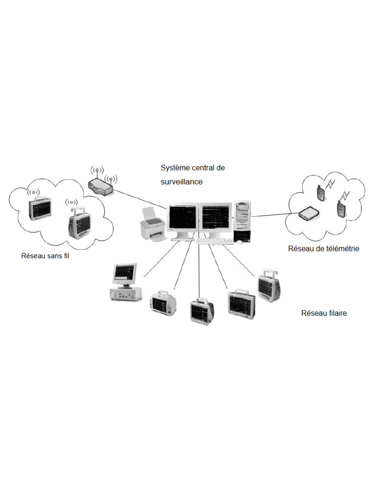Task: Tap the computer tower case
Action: coord(242,221)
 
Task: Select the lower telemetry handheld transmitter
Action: coord(341,208)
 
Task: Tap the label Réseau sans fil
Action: coord(45,255)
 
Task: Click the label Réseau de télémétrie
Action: coord(324,248)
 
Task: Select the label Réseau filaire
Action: coord(324,313)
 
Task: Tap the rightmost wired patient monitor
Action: coord(269,286)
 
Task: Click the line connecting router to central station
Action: coord(139,197)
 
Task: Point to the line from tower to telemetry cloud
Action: coord(274,214)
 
